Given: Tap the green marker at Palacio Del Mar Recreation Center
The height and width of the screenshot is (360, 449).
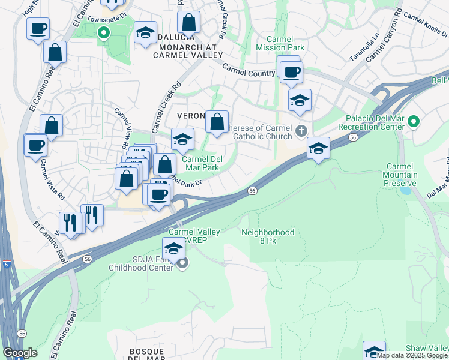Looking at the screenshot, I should click(x=413, y=122).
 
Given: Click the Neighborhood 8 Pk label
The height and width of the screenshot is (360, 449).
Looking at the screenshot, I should click(x=268, y=236).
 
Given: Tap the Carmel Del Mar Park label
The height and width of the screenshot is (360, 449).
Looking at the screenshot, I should click(x=200, y=164).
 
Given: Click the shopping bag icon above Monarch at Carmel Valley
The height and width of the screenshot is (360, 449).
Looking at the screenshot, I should click(x=188, y=23).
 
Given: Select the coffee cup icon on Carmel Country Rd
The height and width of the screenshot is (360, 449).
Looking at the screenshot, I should click(x=292, y=72).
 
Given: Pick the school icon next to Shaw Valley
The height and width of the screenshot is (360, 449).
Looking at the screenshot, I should click(x=373, y=350).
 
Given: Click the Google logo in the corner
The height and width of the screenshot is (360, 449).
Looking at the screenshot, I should click(x=20, y=353).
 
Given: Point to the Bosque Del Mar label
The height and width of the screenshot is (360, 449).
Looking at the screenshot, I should click(x=148, y=354).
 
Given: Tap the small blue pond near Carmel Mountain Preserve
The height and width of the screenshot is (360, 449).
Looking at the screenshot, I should click(x=405, y=191).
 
